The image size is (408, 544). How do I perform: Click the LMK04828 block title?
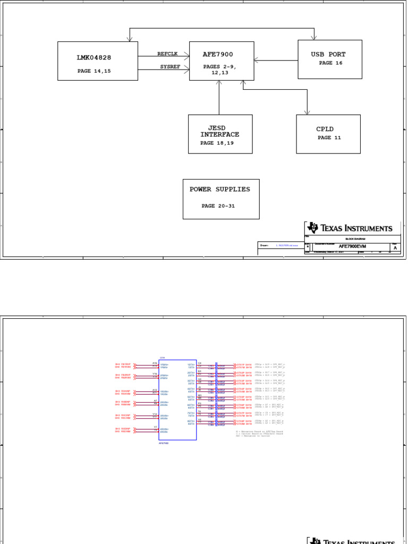pos(94,57)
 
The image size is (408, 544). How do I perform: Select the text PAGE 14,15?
pos(94,71)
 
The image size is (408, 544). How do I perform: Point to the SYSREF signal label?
pos(171,66)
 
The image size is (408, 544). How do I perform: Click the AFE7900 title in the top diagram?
pos(218,54)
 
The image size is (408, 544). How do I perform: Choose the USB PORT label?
pos(328,54)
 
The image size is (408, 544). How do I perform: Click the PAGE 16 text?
pos(330,63)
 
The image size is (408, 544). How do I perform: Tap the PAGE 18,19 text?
pos(217,143)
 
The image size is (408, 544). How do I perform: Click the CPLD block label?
pos(325,129)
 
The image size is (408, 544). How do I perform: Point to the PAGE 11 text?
pos(329,138)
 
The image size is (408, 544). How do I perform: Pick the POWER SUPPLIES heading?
pos(219,189)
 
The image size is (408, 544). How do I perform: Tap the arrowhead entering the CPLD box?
pos(307,112)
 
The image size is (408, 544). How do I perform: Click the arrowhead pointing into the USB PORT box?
pos(315,38)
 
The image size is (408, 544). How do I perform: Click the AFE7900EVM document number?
pos(352,246)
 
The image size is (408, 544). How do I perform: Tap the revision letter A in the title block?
pos(395,248)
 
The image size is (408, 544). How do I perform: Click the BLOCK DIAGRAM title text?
pos(352,239)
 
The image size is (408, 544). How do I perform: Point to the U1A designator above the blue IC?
pos(162,358)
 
